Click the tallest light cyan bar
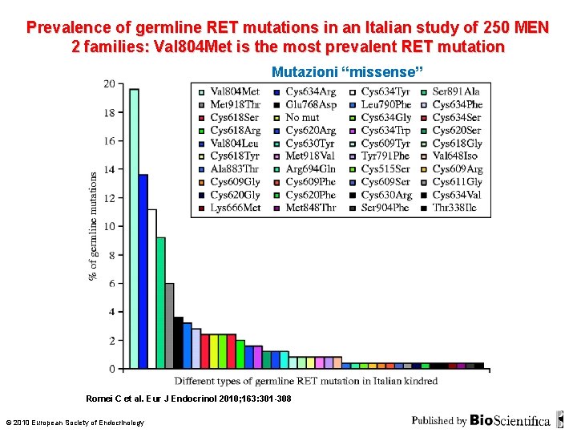(134, 229)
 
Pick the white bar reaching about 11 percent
(151, 289)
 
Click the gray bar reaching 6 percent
(169, 326)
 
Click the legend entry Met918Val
(309, 156)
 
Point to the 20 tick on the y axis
(109, 83)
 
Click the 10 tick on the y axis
(109, 226)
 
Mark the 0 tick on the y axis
(111, 369)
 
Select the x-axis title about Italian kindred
(306, 381)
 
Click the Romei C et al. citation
(188, 399)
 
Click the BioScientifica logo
(510, 420)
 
